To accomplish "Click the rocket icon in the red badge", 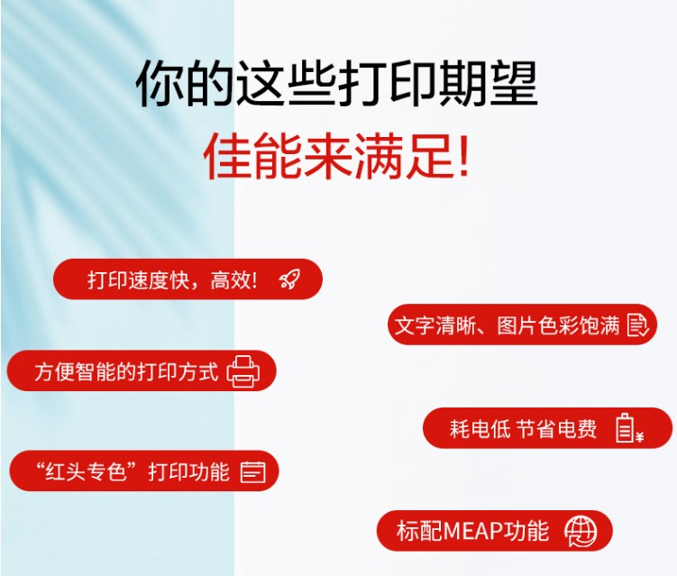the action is (289, 279).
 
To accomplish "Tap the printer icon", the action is (243, 371).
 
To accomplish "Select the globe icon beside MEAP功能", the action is (581, 532).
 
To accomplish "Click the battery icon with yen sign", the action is (629, 428).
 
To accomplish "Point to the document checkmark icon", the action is (637, 325).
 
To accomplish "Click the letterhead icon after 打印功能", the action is (253, 471).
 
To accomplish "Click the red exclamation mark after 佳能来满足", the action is (464, 155).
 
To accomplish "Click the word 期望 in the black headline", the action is (488, 83).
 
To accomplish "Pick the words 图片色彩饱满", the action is (558, 325).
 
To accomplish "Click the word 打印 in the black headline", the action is (387, 83).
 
